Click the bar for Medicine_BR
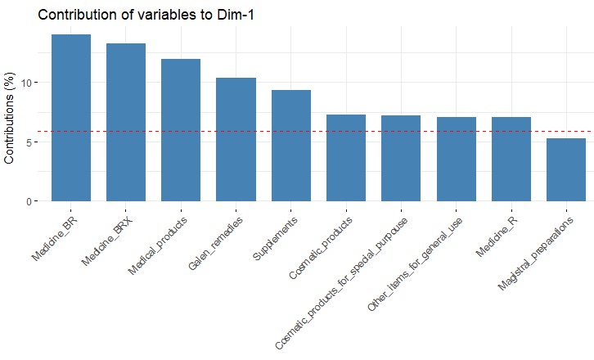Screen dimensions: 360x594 (x=70, y=118)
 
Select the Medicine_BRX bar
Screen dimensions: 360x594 (x=125, y=122)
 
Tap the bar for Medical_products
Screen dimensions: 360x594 (x=180, y=130)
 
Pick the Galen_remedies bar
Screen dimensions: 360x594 (x=236, y=139)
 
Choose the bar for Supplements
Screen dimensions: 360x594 (x=290, y=146)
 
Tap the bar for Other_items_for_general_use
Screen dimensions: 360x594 (x=456, y=159)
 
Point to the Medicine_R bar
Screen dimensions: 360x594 (x=511, y=159)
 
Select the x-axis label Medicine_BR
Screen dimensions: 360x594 (x=57, y=237)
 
